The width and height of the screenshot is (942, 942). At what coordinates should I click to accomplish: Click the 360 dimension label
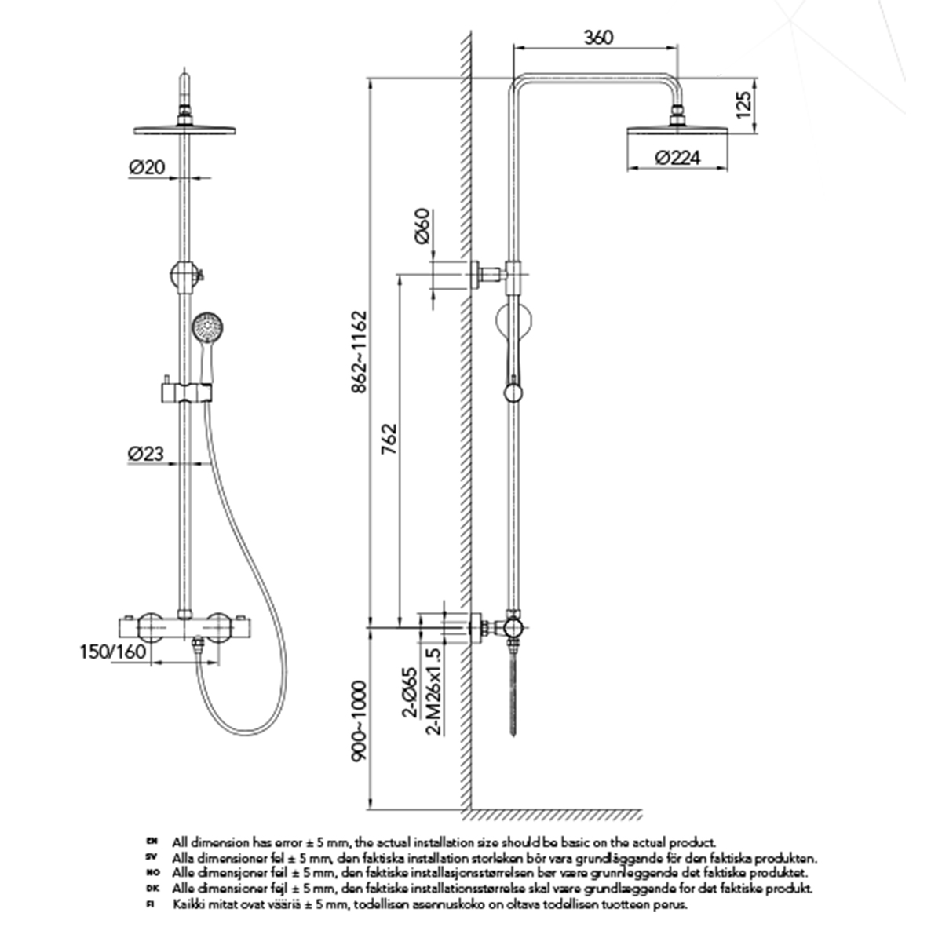(598, 37)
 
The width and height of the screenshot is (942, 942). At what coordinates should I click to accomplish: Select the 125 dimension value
(746, 103)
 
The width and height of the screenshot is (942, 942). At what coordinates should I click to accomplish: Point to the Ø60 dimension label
(422, 228)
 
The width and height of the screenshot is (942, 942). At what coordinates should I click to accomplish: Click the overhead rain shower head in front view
(186, 129)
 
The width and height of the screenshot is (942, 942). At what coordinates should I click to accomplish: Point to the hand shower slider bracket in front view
(187, 390)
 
